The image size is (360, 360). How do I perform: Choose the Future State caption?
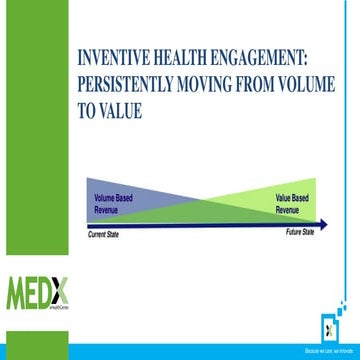point(300,231)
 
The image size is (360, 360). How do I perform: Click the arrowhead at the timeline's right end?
point(325,224)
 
